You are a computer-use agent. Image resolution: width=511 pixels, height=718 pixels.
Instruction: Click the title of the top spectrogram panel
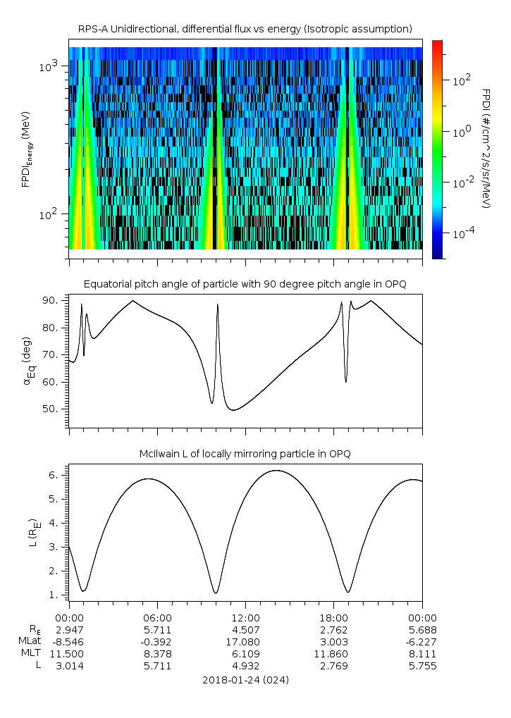tap(245, 29)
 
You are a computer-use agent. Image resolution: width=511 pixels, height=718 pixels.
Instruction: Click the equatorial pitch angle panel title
tap(245, 284)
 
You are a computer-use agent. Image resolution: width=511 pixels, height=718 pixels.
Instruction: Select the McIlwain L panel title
tap(245, 454)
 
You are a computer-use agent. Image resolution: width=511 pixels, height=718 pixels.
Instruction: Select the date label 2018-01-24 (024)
tap(245, 681)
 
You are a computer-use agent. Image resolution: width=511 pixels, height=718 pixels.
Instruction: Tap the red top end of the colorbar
tap(437, 44)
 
